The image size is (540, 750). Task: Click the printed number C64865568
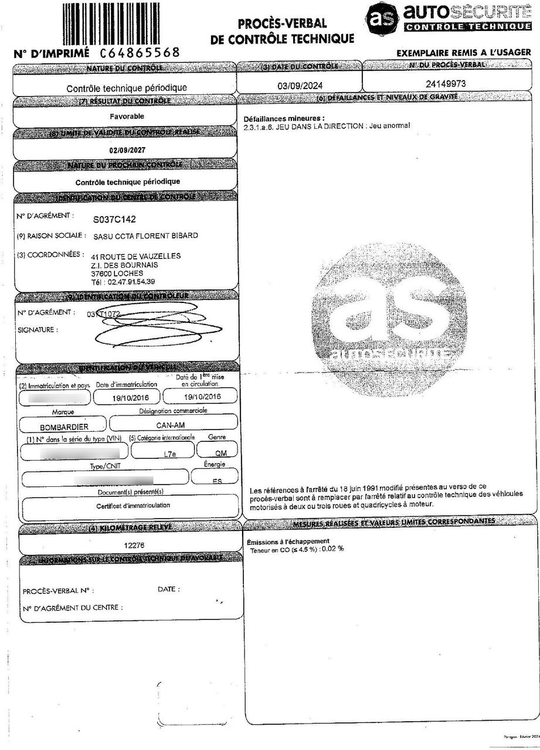point(140,53)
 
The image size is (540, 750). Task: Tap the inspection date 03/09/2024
point(299,86)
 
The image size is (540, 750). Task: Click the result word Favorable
point(127,116)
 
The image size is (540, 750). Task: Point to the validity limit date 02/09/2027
point(127,150)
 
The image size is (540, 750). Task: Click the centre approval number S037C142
point(114,219)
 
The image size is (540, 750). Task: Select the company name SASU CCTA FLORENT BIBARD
point(145,236)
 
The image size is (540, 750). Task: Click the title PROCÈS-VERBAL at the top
point(282,24)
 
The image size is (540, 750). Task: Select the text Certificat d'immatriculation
point(133,505)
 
